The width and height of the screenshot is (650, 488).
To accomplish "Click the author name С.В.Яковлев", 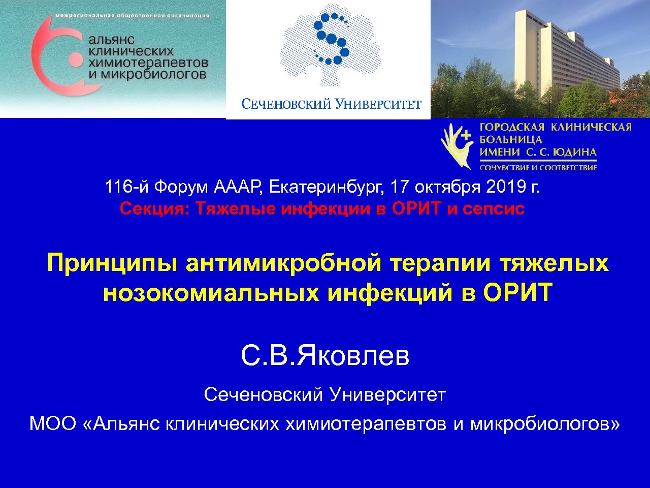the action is tap(325, 356).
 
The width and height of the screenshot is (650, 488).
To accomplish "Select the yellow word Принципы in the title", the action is tap(112, 263).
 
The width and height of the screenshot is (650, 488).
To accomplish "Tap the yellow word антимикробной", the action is tap(283, 263).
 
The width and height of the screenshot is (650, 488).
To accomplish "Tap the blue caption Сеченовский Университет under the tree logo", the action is tap(332, 104).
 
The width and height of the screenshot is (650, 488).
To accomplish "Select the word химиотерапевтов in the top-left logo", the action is tap(148, 63).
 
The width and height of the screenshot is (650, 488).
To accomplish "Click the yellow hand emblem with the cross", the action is tap(458, 146).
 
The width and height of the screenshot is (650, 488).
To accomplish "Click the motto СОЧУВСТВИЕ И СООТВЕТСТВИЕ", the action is tap(538, 168).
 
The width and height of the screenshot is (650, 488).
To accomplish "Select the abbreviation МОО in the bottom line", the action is tap(53, 424).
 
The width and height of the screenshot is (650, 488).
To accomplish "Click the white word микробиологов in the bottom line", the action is tap(544, 424).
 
